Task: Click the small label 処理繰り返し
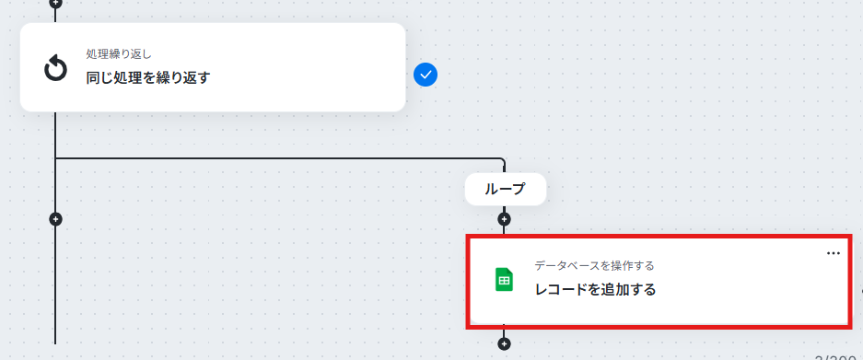coord(119,54)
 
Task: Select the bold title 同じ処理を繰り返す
coord(148,77)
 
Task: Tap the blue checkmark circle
coord(426,75)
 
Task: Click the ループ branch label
coord(506,190)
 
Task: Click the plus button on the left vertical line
coord(55,219)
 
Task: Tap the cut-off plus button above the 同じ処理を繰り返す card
coord(55,3)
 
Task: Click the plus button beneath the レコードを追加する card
coord(504,344)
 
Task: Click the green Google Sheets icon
coord(504,280)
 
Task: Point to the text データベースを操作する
coord(594,266)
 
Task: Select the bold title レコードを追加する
coord(596,289)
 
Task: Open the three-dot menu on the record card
coord(834,253)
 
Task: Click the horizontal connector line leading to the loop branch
coord(277,158)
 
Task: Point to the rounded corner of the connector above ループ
coord(502,160)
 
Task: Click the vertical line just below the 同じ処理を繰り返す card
coord(55,134)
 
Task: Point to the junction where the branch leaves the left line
coord(55,158)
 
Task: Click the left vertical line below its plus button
coord(55,285)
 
